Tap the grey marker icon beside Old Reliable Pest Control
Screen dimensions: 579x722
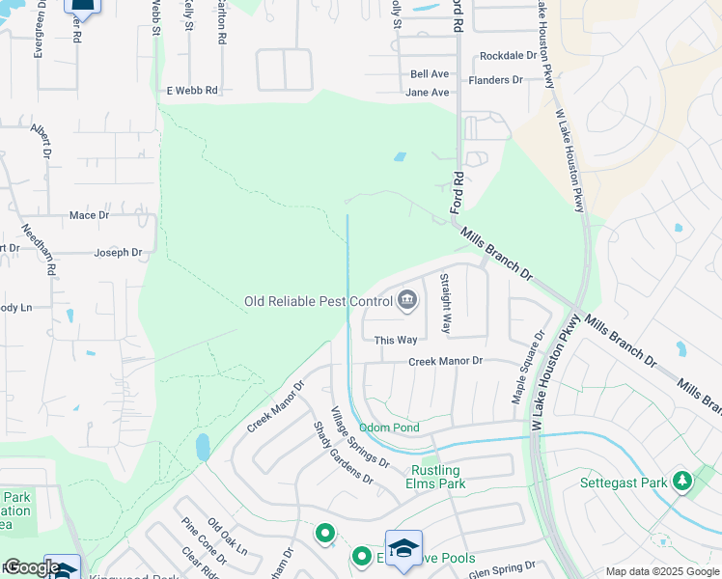pos(407,301)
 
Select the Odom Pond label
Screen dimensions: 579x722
pos(389,427)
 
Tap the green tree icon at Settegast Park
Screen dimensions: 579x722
pos(682,480)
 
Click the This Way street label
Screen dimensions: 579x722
pos(396,341)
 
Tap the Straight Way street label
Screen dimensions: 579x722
pos(446,303)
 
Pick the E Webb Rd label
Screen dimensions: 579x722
pos(192,90)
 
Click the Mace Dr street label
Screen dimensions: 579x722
pos(89,215)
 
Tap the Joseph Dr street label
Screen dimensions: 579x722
pos(118,253)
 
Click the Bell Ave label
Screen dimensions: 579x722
pos(430,73)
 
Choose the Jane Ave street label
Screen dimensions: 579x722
pos(428,93)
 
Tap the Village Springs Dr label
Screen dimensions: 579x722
pos(359,436)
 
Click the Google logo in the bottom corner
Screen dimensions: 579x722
pos(31,567)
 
